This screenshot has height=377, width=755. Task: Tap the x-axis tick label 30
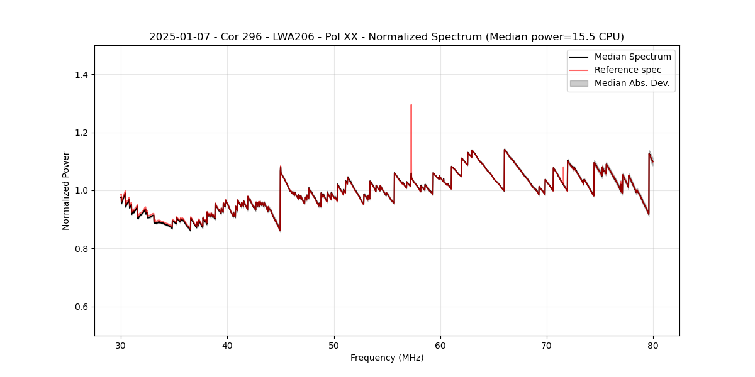point(121,346)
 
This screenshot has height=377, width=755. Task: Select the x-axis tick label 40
point(227,346)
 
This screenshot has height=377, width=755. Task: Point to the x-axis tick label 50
point(334,346)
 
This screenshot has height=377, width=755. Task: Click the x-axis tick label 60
point(440,346)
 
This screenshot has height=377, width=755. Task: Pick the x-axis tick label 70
point(547,346)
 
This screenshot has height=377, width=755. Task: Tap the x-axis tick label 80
point(653,346)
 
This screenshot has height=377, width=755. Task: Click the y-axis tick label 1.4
point(81,75)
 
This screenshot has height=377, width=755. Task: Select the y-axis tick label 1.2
point(81,133)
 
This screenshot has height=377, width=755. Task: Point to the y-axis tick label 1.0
point(81,190)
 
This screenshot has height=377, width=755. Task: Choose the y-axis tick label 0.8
point(81,249)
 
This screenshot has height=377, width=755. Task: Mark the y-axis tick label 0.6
point(81,307)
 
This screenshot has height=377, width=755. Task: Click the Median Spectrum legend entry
point(632,57)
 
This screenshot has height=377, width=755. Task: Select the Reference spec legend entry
point(628,70)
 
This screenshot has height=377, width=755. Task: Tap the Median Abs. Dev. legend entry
point(632,83)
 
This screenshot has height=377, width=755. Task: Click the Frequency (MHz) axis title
point(387,358)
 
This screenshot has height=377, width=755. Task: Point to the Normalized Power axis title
point(66,190)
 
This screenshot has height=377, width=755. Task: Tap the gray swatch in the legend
point(579,83)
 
